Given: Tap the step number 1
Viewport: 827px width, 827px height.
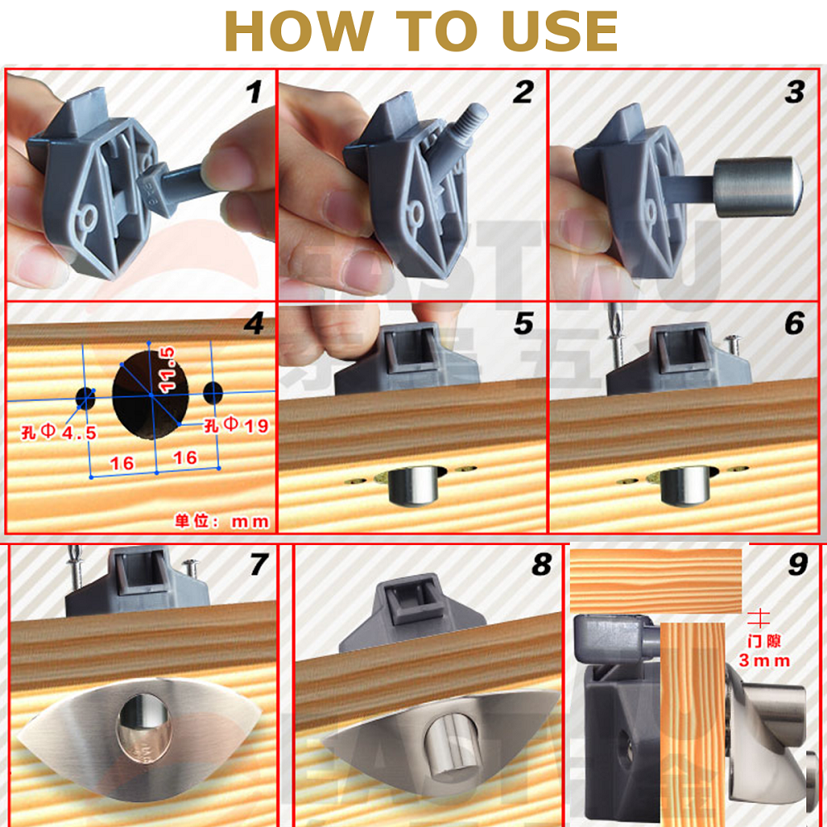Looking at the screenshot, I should (x=254, y=92).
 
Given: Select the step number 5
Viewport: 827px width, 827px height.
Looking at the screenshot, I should (x=523, y=323).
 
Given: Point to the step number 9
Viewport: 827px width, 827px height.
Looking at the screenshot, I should (x=797, y=565).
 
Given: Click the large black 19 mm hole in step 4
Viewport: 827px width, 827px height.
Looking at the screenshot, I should (x=151, y=395).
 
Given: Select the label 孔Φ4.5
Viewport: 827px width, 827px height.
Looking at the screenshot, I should (x=59, y=431).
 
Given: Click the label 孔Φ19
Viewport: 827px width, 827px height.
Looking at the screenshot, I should (x=237, y=426).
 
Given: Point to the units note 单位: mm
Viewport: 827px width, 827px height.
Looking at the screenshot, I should (x=222, y=521).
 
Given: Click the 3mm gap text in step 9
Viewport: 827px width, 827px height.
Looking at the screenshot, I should (x=764, y=660).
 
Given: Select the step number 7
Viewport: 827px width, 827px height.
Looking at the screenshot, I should (x=259, y=565).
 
